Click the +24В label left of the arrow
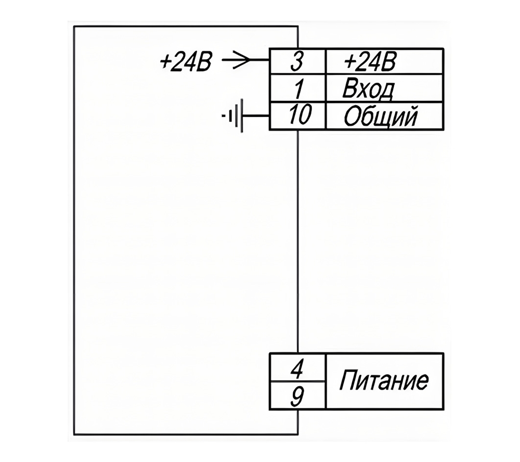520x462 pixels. (x=185, y=62)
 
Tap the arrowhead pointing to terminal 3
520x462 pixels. (x=241, y=60)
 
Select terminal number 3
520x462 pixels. (x=297, y=62)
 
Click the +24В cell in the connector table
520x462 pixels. (x=369, y=62)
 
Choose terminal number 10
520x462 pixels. (x=300, y=115)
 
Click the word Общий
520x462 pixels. (x=380, y=116)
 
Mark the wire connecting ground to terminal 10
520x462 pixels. (x=256, y=116)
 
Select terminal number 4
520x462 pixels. (x=297, y=369)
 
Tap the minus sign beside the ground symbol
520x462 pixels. (x=224, y=116)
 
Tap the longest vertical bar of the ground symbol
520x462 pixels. (x=242, y=116)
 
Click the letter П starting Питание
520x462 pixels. (x=347, y=380)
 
